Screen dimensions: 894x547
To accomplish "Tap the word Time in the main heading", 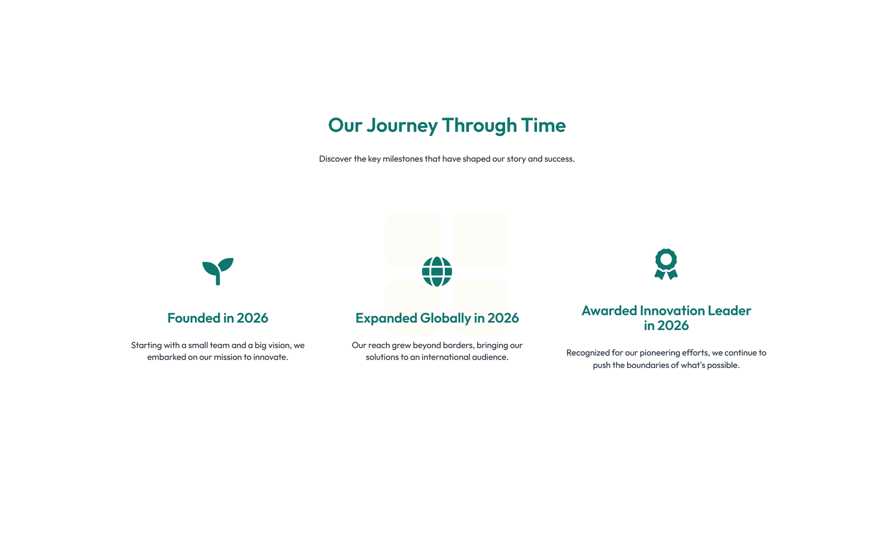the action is tap(544, 125).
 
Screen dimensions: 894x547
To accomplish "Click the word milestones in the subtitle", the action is tap(403, 159).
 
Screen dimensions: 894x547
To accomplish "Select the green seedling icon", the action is tap(218, 271).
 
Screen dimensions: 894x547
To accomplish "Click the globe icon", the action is tap(437, 272).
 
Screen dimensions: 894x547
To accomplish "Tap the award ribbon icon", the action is tap(666, 264).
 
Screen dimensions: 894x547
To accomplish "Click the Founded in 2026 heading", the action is tap(217, 318).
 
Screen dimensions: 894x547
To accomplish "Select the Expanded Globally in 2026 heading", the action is tap(437, 318).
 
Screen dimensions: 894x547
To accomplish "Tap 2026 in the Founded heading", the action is tap(252, 318).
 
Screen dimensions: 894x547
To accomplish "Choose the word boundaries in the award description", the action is tap(646, 365).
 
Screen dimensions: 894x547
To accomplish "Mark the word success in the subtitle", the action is tap(559, 159).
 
